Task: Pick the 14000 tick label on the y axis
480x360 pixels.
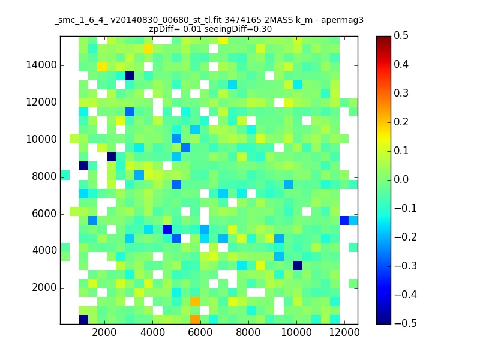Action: [x=41, y=65]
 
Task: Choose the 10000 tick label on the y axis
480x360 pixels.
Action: [x=41, y=140]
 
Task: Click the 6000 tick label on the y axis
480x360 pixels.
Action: [x=44, y=214]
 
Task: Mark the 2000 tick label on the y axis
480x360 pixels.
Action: [x=44, y=288]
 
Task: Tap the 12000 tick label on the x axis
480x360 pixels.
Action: [x=344, y=332]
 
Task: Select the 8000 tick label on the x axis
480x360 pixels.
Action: [x=248, y=332]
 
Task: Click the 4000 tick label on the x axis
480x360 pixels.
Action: [x=152, y=332]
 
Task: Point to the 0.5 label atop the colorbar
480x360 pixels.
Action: [x=401, y=35]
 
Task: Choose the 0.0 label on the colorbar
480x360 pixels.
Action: [x=401, y=179]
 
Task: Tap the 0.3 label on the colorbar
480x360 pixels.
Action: [x=401, y=93]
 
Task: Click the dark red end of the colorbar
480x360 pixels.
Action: [x=383, y=39]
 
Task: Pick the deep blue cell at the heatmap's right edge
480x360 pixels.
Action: [x=344, y=220]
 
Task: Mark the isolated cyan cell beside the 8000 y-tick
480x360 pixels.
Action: [x=65, y=175]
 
